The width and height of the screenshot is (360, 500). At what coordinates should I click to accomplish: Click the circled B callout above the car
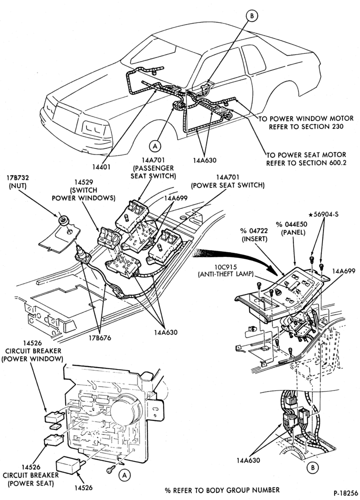252,16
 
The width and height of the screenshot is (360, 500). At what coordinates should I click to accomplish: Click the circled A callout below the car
155,145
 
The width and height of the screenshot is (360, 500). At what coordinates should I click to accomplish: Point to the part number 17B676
100,337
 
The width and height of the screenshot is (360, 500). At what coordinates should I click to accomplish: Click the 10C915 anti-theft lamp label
225,270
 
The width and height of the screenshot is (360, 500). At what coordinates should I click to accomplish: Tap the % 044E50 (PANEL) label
292,228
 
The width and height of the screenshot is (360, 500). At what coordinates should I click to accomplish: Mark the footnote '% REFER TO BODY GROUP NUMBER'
222,490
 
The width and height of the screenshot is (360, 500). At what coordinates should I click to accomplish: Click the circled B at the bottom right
312,467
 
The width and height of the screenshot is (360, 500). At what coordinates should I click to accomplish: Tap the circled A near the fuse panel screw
124,475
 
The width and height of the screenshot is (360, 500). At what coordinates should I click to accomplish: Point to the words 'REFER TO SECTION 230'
306,126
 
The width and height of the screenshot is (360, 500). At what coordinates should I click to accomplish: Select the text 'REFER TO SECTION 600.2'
306,162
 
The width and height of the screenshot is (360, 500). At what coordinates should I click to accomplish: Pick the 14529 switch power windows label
83,190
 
